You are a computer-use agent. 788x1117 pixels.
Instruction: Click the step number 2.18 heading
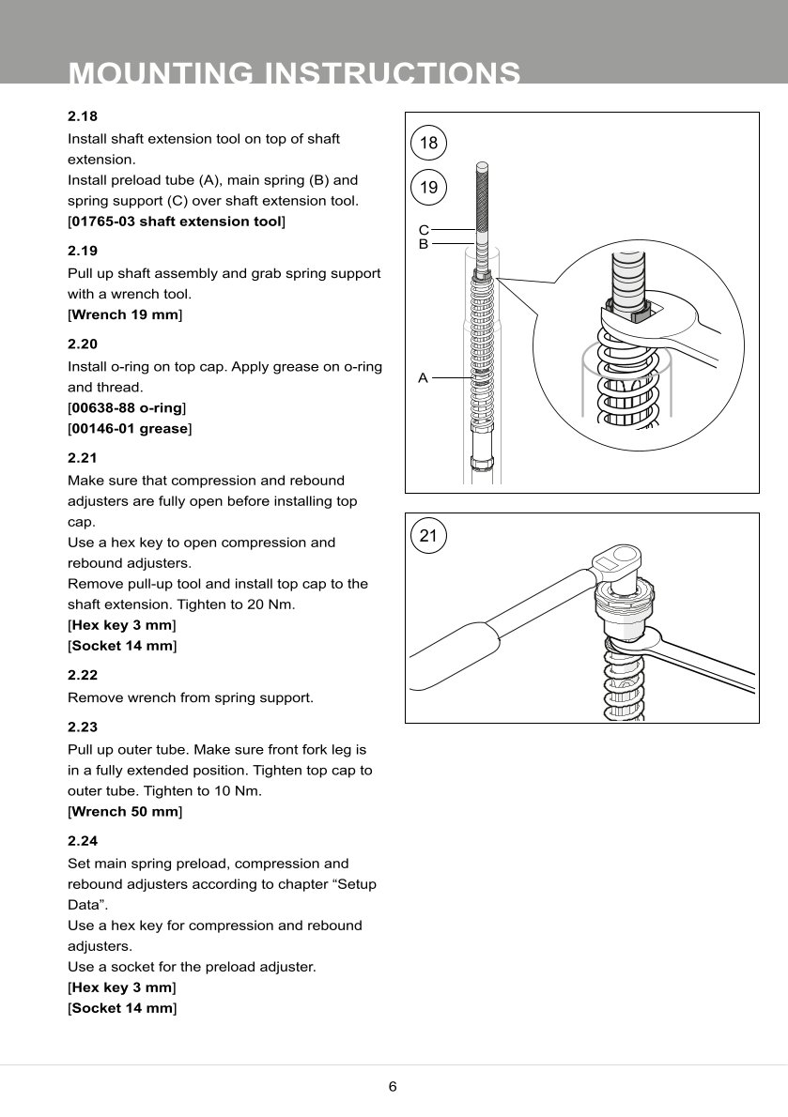(x=83, y=117)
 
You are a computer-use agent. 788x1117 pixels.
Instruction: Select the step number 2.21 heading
(x=83, y=459)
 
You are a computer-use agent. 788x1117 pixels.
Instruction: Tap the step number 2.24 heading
(x=83, y=842)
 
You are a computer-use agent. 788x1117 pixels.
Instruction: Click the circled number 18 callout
(x=428, y=144)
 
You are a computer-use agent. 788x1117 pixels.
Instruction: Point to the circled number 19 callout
(x=428, y=188)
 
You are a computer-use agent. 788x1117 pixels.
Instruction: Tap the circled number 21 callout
(x=428, y=537)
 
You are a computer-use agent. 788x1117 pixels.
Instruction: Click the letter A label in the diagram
(x=424, y=378)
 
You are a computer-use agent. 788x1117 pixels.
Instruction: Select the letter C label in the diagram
(x=424, y=230)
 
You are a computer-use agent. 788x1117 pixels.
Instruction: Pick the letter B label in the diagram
(x=424, y=244)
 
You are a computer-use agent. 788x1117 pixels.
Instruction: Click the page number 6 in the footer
(x=393, y=1087)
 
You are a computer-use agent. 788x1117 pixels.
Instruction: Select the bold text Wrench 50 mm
(x=125, y=811)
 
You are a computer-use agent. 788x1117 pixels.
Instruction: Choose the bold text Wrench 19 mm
(x=125, y=314)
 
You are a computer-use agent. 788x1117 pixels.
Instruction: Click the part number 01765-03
(x=101, y=222)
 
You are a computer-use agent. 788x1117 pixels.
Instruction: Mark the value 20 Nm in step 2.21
(x=271, y=604)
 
